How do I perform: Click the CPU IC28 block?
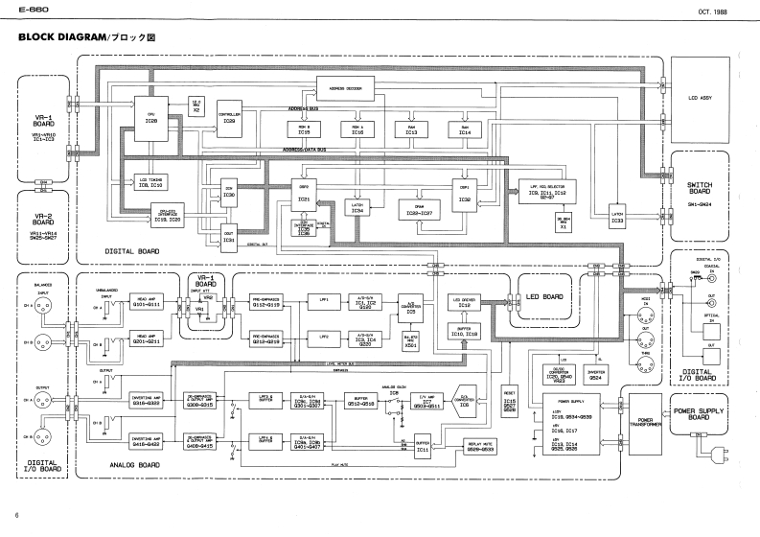click(x=151, y=116)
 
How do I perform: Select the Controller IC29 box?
click(x=229, y=118)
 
